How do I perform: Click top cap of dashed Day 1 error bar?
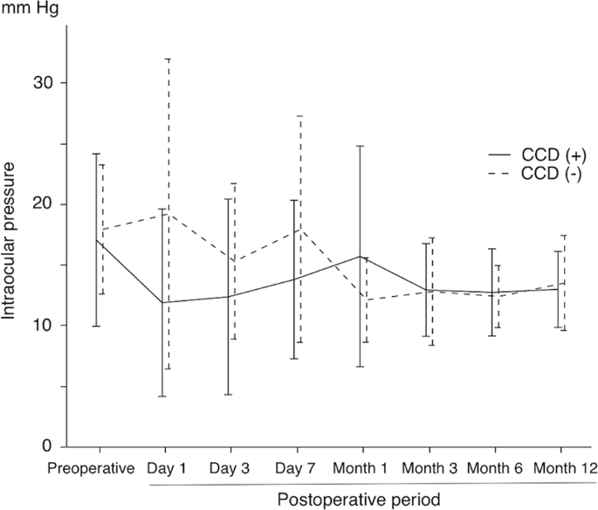coord(167,59)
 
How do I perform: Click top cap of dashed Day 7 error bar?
coord(299,116)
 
